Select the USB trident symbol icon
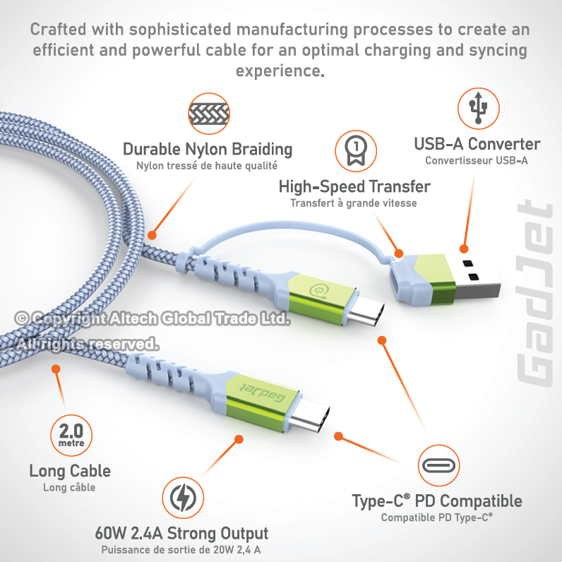(x=478, y=108)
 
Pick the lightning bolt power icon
(x=183, y=497)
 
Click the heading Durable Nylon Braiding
(x=208, y=149)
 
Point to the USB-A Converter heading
(x=477, y=145)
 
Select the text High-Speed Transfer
(x=354, y=187)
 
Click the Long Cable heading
(x=70, y=470)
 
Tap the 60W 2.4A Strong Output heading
(x=181, y=533)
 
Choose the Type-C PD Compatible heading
(x=437, y=501)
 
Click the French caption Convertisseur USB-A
(x=477, y=160)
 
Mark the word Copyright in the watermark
(x=68, y=319)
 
